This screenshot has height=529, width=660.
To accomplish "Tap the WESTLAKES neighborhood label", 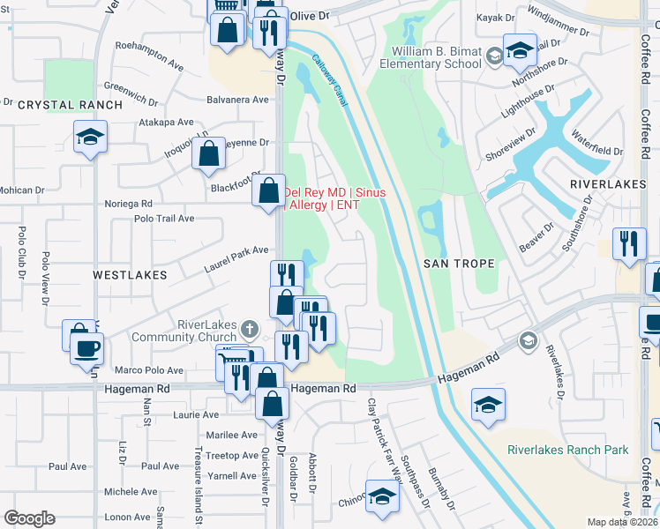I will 130,275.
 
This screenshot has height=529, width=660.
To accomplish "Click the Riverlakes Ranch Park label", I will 567,450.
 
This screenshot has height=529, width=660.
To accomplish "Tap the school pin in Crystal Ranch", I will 90,138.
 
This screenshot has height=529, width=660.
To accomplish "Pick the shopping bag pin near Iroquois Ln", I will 209,154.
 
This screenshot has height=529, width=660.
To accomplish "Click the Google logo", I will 29,518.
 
